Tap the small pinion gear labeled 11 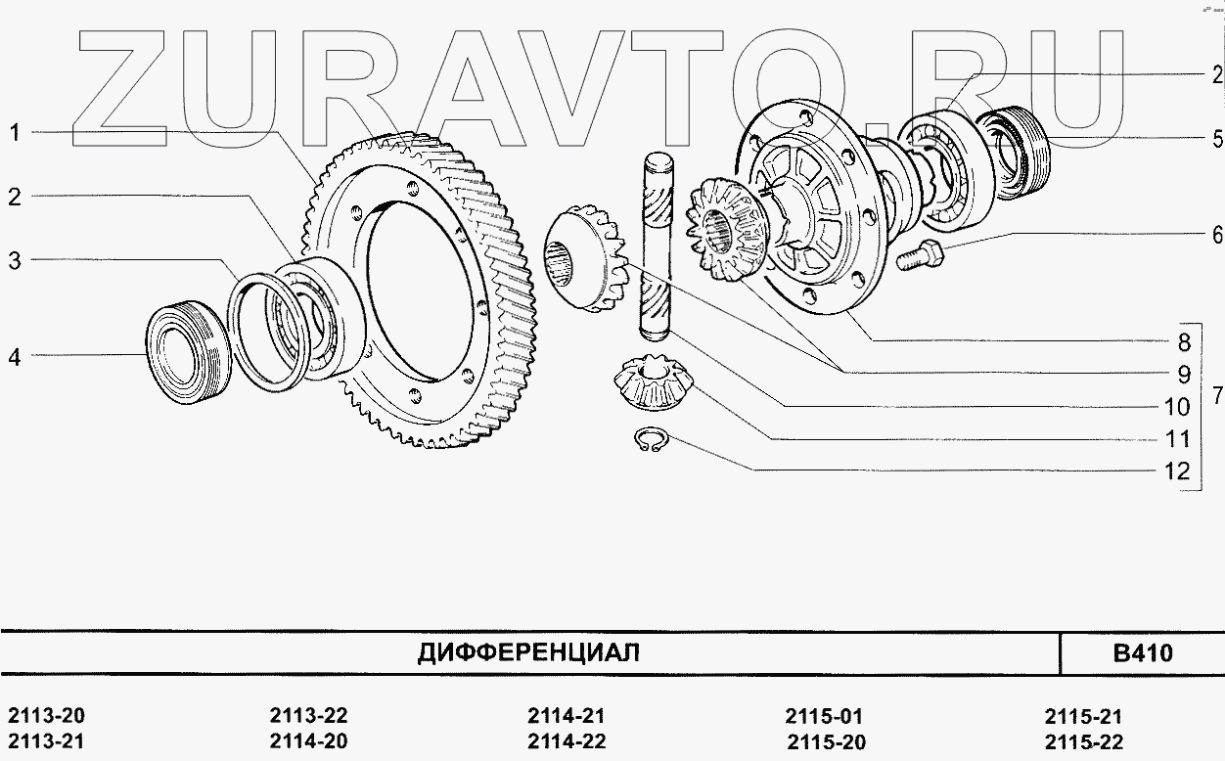tap(653, 382)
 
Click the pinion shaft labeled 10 tap(657, 247)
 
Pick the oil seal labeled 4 tap(189, 352)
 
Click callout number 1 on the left tap(15, 132)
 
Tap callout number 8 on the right tap(1184, 342)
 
